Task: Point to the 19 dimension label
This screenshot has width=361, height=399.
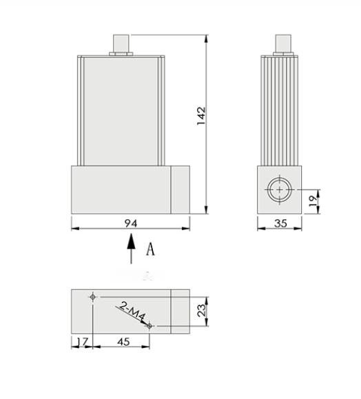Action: tap(313, 201)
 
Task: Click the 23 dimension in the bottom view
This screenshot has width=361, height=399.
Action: tap(201, 311)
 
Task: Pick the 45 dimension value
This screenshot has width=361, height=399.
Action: tap(123, 341)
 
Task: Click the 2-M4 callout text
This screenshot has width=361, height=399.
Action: tap(133, 312)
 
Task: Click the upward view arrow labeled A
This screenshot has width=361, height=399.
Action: tap(130, 248)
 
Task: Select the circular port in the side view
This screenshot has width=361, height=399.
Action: tap(278, 189)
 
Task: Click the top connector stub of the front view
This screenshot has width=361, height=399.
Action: tap(121, 43)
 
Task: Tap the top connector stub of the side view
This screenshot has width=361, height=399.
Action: tap(280, 43)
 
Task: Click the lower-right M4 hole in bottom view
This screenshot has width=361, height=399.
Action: tap(152, 325)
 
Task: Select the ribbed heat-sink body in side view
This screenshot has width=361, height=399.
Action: tap(280, 110)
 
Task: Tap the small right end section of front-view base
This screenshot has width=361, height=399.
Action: tap(180, 190)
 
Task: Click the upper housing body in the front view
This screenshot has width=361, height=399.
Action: tap(122, 110)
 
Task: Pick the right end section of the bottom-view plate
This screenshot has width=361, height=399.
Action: tap(180, 311)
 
